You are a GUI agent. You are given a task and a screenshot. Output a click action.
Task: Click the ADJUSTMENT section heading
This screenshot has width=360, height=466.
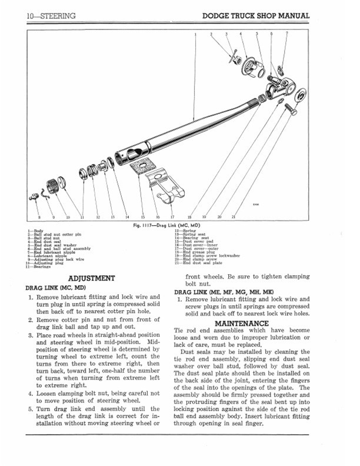(91, 278)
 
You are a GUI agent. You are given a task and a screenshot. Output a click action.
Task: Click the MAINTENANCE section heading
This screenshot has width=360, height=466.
(241, 323)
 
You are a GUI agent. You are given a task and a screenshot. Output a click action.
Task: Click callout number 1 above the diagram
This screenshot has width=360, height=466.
(195, 35)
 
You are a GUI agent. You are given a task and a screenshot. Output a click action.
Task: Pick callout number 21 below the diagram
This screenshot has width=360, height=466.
(234, 217)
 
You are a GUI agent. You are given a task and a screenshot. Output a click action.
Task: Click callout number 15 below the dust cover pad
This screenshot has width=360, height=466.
(142, 217)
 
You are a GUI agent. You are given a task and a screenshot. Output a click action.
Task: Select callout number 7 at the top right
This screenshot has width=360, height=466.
(286, 35)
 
